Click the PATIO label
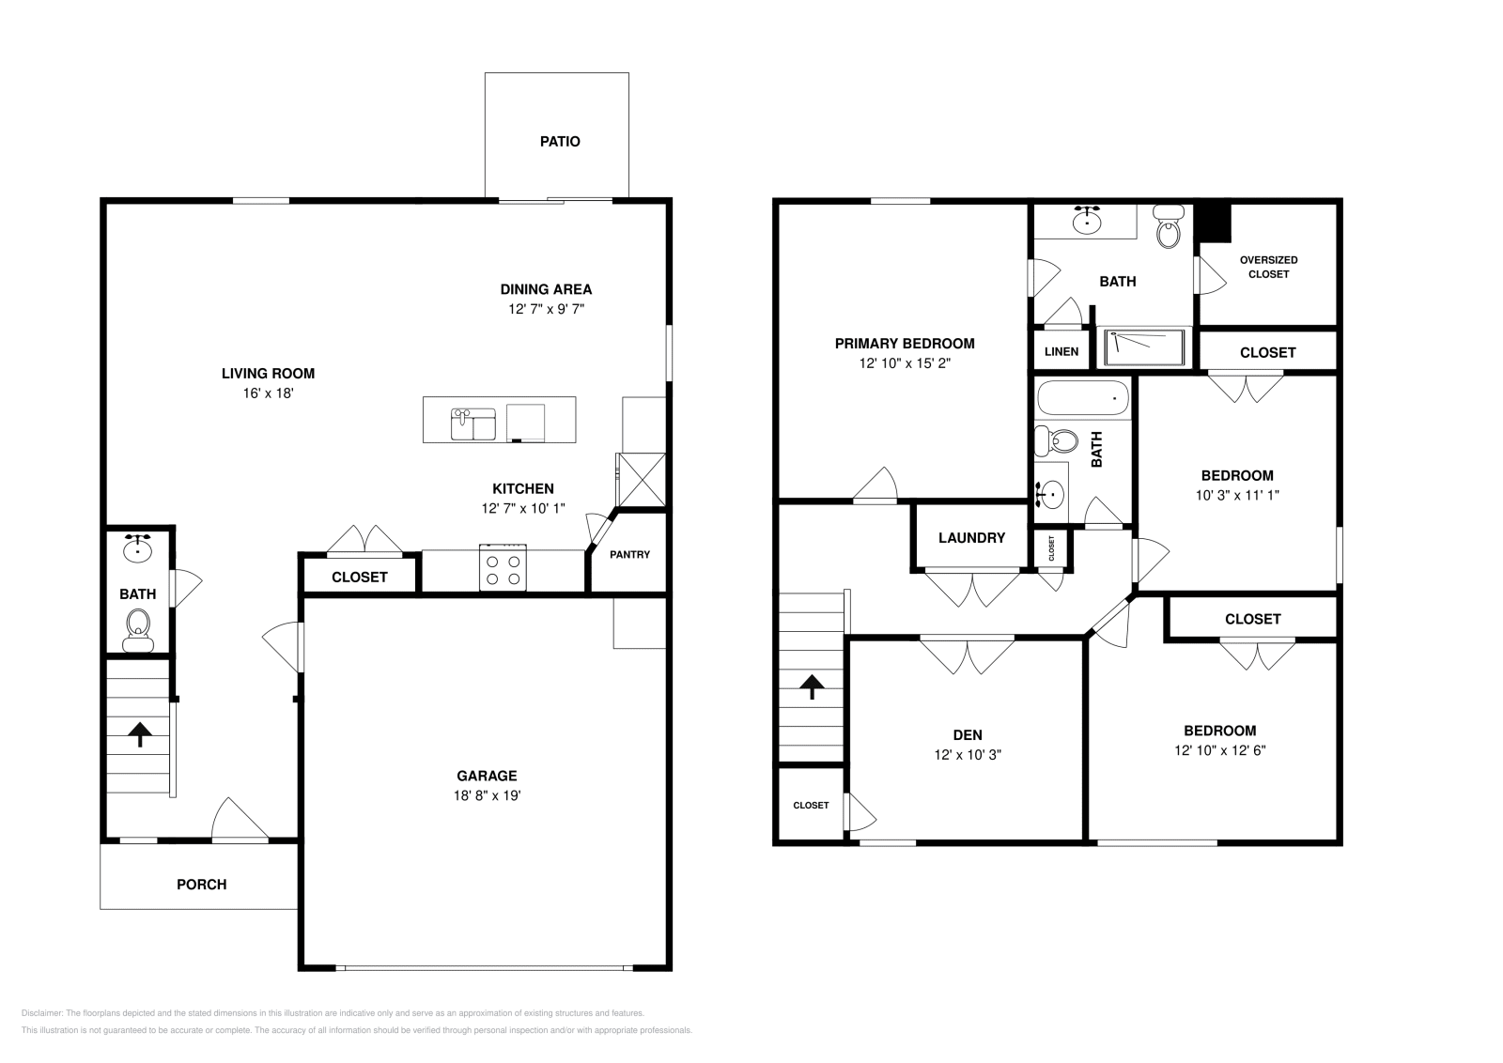[560, 142]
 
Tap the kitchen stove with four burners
[503, 568]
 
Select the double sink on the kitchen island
[473, 424]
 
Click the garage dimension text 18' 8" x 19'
[487, 795]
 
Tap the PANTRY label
[629, 554]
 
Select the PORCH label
[202, 885]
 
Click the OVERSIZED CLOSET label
[1268, 267]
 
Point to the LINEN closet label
[1061, 352]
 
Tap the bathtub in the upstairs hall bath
[1082, 399]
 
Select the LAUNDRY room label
[971, 538]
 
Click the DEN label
[968, 735]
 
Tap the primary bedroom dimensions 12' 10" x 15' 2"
[905, 363]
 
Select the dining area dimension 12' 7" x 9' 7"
[546, 309]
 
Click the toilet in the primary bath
[1168, 228]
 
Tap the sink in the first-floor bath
[138, 547]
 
